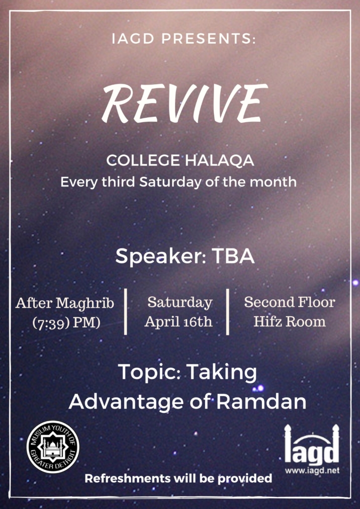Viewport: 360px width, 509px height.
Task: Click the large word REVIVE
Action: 184,103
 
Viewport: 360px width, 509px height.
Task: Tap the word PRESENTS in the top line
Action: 208,39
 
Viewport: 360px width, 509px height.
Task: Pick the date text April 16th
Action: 179,322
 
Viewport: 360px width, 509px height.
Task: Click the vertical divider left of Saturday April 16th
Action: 125,312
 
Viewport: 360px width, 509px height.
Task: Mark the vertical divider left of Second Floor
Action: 228,312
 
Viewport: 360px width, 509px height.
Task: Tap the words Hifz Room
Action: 289,322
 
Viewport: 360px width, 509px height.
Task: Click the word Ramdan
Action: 262,402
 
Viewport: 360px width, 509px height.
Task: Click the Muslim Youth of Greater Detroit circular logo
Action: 53,447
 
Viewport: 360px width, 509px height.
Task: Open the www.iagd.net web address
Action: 312,470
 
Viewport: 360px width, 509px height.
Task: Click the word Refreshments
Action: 127,478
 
